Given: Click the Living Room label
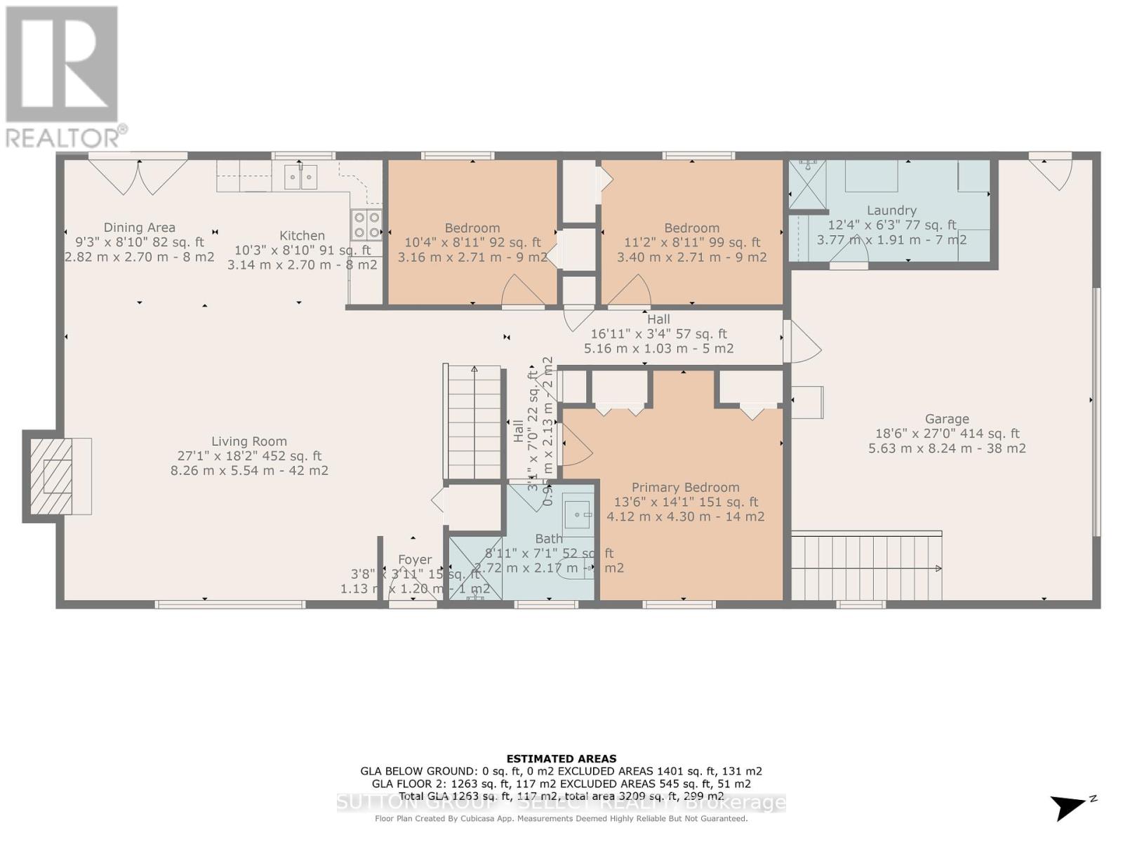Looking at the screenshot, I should [x=249, y=441].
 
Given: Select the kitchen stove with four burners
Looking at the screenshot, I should [x=366, y=225].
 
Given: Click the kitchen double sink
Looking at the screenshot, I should [x=300, y=177].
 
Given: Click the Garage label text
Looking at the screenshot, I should [x=946, y=419].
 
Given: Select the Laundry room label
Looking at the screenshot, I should [x=891, y=210].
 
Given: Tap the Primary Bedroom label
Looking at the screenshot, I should [x=685, y=487].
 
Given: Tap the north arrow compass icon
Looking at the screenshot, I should [x=1070, y=806].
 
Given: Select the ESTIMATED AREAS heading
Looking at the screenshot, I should [x=561, y=759].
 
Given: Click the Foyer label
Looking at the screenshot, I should [x=415, y=559].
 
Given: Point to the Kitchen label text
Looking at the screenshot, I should [x=302, y=236].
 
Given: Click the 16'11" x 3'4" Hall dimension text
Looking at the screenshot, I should [x=658, y=334].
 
